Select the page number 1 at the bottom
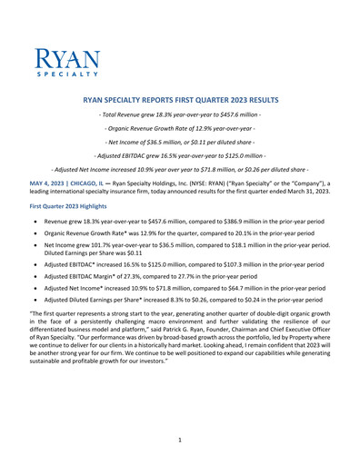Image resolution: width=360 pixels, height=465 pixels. (180, 438)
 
